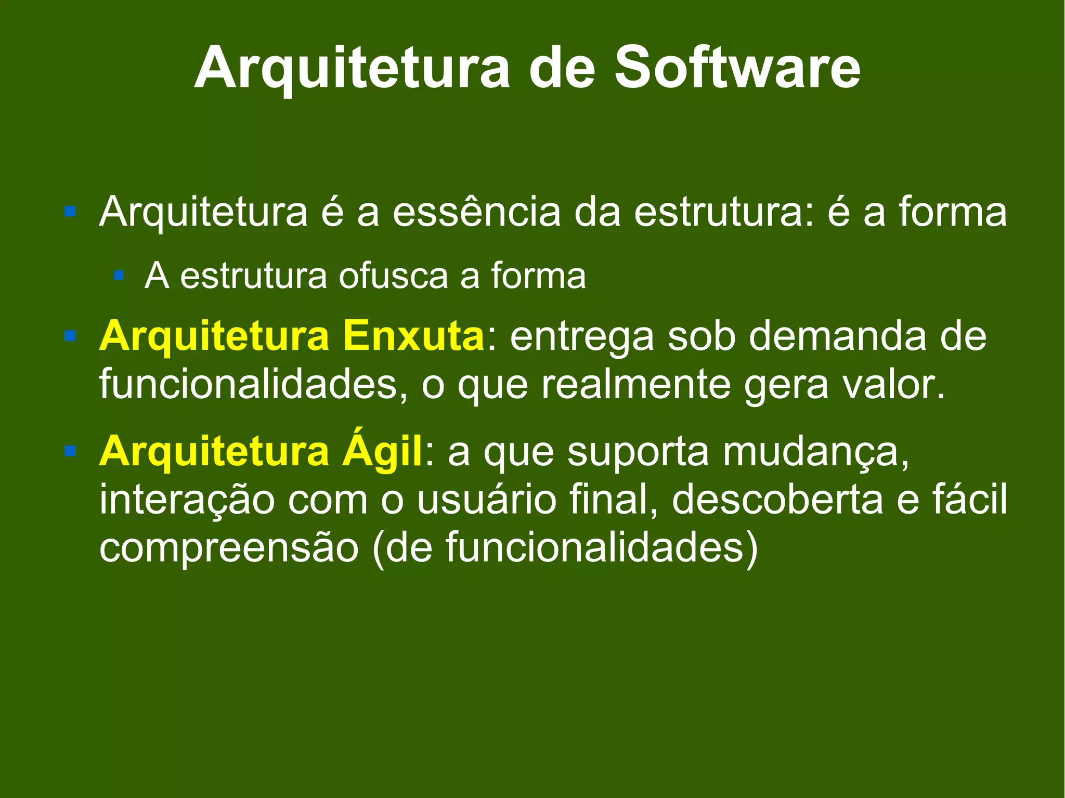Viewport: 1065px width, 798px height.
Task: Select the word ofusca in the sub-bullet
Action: pos(393,276)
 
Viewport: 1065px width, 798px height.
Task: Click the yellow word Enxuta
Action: pos(413,337)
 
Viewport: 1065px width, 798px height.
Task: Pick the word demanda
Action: pos(837,337)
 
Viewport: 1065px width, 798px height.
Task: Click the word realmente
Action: pos(635,385)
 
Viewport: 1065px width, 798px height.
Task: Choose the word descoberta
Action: pos(777,499)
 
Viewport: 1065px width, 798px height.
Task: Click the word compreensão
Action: pos(229,548)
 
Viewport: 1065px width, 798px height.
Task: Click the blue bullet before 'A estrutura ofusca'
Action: pos(119,275)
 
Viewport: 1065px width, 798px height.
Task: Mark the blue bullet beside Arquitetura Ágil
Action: pos(70,450)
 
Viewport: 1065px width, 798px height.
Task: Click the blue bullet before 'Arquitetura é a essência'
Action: pos(70,212)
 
